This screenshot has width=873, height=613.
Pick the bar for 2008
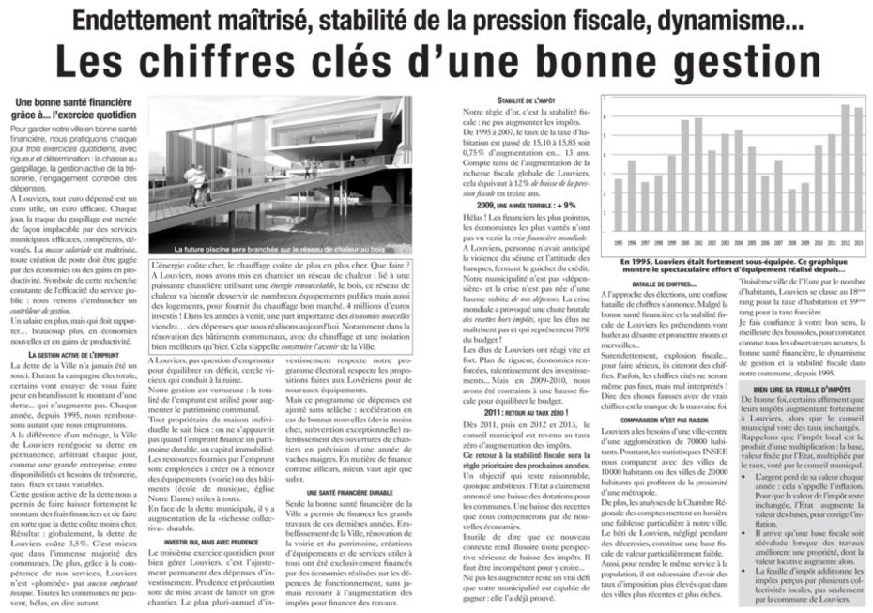[x=790, y=212]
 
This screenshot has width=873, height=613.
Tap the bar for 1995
[x=618, y=206]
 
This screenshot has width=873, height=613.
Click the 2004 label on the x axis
[x=737, y=241]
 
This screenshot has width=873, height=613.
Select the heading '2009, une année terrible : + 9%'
[x=526, y=204]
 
